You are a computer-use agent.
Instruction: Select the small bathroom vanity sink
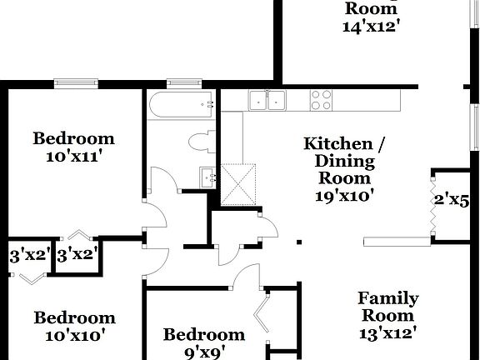pos(207,177)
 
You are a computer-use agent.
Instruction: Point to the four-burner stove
pos(322,100)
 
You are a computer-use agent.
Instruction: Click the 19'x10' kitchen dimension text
pos(344,196)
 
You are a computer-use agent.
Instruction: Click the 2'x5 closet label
pos(452,201)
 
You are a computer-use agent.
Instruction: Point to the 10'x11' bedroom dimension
pos(73,155)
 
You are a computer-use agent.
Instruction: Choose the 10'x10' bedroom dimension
pos(73,335)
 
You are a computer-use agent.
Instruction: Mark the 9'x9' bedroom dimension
pos(204,352)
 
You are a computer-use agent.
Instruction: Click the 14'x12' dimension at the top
pos(371,26)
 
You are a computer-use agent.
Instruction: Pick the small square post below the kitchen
pos(298,244)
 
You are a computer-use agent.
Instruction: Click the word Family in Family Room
pos(388,298)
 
